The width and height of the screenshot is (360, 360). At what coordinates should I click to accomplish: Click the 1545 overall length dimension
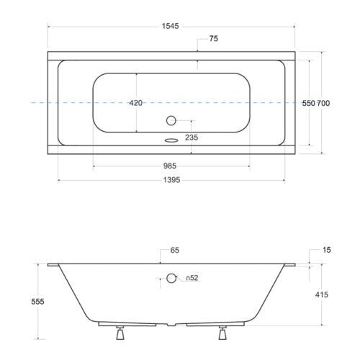tap(170, 26)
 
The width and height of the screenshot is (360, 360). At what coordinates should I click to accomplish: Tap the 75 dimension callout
tap(214, 39)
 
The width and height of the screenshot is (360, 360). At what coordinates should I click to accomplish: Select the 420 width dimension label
tap(136, 103)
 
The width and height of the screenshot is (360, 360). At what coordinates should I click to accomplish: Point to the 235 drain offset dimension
tap(192, 138)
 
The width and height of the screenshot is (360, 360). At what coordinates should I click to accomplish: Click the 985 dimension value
tap(170, 166)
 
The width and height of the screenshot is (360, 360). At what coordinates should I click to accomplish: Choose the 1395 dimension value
tap(171, 180)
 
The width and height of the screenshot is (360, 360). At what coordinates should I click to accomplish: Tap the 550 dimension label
tap(308, 103)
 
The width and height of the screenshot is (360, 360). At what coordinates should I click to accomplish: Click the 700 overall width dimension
tap(323, 103)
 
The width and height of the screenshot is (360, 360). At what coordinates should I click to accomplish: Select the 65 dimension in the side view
tap(175, 251)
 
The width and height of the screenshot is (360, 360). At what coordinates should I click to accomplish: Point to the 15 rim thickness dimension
tap(327, 250)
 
